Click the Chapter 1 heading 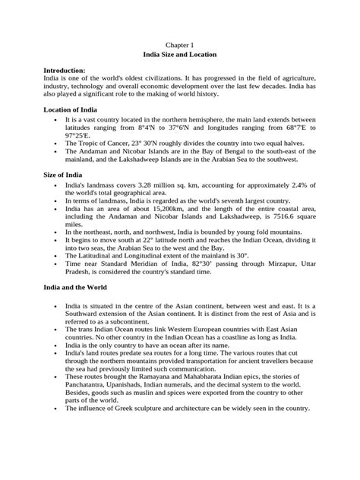(181, 45)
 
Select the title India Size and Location (181, 55)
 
